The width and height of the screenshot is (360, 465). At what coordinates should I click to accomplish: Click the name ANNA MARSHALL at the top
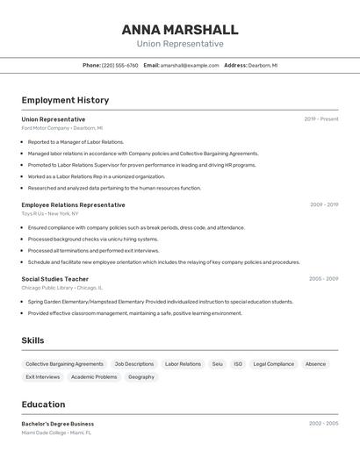(x=180, y=29)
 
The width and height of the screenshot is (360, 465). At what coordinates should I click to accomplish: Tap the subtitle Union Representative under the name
(x=180, y=44)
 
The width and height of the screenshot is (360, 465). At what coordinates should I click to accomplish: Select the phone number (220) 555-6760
(x=119, y=65)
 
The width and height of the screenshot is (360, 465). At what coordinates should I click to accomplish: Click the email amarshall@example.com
(x=190, y=65)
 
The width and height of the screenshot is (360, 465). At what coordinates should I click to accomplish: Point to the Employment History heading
(x=65, y=100)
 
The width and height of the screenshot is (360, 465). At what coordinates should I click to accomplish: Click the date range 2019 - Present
(x=321, y=118)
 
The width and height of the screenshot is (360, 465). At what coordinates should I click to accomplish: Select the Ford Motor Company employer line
(x=61, y=128)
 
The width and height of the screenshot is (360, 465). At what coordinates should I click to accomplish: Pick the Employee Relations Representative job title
(x=73, y=204)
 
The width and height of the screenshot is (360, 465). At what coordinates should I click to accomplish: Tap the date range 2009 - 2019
(x=324, y=204)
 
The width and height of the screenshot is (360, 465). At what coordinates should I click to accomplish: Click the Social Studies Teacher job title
(x=54, y=278)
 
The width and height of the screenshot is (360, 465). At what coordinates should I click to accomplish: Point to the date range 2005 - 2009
(x=323, y=278)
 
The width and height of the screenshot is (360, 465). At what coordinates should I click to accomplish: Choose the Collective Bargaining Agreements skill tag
(x=64, y=364)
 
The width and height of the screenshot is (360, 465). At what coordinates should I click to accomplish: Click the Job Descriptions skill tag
(x=133, y=364)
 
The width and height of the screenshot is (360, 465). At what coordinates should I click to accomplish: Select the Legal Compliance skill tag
(x=273, y=364)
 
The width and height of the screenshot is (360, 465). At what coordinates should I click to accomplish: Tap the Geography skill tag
(x=141, y=377)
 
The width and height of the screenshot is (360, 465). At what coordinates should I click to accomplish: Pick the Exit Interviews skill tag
(x=43, y=377)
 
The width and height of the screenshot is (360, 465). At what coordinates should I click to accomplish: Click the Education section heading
(x=43, y=404)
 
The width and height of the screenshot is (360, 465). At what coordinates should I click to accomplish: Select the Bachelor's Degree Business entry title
(x=58, y=424)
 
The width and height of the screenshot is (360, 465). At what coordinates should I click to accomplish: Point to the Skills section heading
(x=32, y=340)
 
